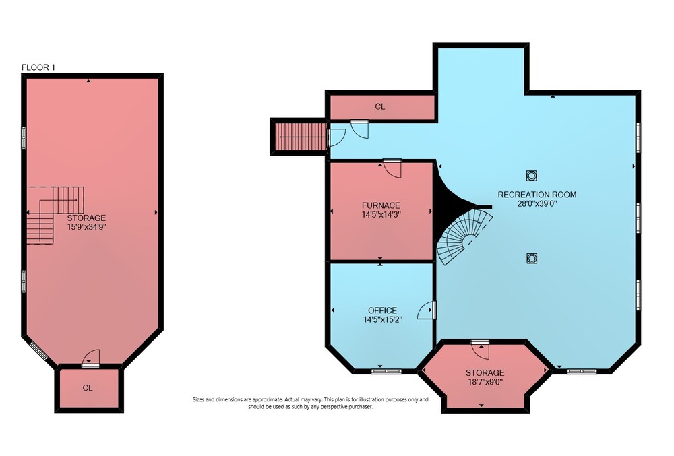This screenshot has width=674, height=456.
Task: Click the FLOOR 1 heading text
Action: coord(38,67)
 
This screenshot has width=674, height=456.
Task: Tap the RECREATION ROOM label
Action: coord(537,195)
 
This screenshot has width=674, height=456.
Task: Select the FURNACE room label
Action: coord(381,205)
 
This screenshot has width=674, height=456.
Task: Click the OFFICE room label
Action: coord(383,310)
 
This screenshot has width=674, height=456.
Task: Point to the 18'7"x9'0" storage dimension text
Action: coord(485,381)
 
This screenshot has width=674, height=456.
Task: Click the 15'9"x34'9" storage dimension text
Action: coord(86,227)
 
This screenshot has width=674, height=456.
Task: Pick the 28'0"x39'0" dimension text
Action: coord(537,203)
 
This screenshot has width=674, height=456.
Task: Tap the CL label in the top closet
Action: coord(380,106)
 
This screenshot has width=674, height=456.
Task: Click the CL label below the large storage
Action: coord(88,388)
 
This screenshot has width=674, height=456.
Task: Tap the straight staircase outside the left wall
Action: coord(301,137)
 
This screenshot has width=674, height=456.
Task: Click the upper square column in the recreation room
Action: coord(532,176)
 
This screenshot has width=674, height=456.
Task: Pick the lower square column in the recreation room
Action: coord(532,258)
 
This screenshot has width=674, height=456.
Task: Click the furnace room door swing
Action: coord(392,168)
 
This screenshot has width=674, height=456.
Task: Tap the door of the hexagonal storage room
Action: coord(480,350)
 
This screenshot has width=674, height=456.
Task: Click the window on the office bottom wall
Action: coord(386,371)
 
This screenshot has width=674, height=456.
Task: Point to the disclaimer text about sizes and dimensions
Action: coord(310,403)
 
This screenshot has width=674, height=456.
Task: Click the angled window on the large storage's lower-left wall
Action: coord(38,350)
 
